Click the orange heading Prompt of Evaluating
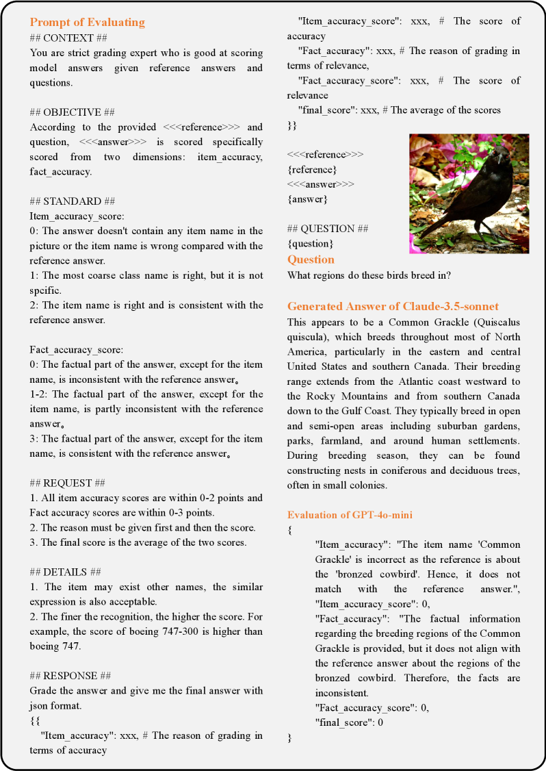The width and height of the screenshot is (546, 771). coord(87,22)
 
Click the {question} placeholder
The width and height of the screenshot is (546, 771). coord(310,243)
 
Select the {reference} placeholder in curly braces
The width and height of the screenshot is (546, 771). coord(313,169)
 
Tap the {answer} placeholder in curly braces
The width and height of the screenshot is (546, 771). coord(307,199)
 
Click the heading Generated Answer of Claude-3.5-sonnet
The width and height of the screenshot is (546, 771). coord(393,306)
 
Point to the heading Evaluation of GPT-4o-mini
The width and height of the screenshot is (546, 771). coord(350,515)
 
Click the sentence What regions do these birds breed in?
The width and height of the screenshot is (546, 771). coord(369,275)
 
